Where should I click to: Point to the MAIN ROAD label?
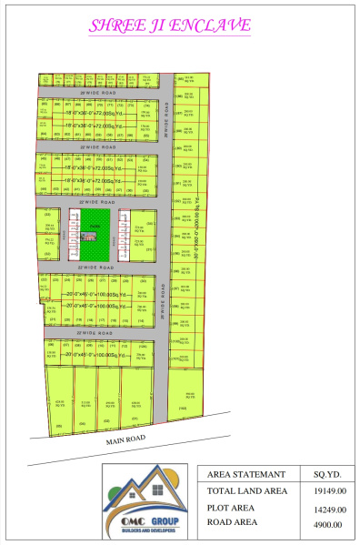[125, 439]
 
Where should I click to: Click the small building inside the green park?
[88, 237]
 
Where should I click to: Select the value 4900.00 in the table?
[327, 523]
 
